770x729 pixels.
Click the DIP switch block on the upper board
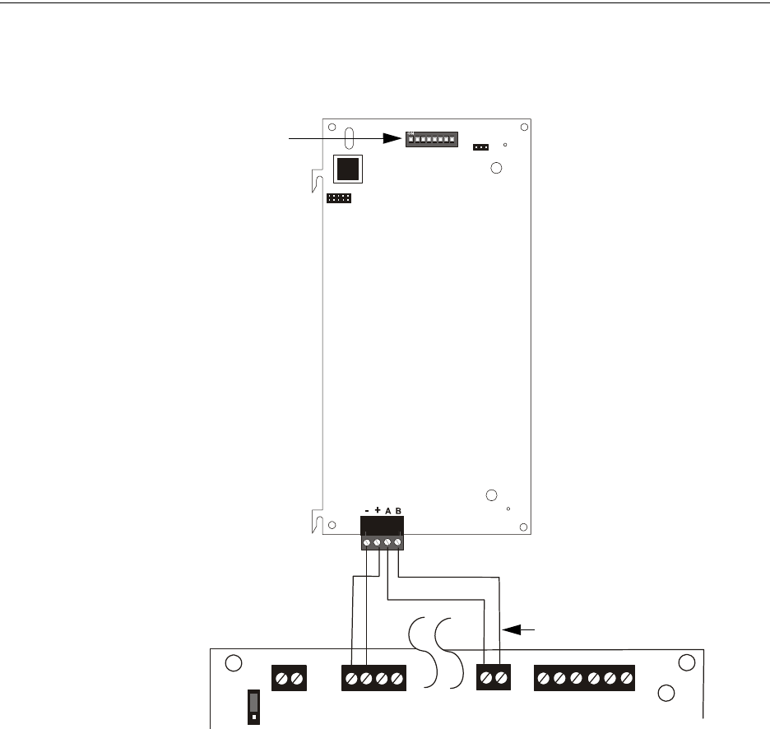[x=430, y=139]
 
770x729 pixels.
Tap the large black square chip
[x=348, y=169]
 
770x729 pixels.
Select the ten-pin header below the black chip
[x=338, y=198]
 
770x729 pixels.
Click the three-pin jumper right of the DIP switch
[x=480, y=147]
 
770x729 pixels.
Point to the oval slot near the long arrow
[x=349, y=136]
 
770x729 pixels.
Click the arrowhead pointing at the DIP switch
[x=394, y=140]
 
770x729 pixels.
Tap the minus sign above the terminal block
[x=367, y=511]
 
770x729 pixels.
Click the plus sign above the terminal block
[x=378, y=510]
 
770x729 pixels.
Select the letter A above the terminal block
[x=388, y=511]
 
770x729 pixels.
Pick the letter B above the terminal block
[x=399, y=511]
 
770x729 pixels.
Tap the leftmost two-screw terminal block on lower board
[x=290, y=678]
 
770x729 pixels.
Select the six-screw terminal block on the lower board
[x=585, y=678]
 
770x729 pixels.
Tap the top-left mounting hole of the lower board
[x=234, y=662]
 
